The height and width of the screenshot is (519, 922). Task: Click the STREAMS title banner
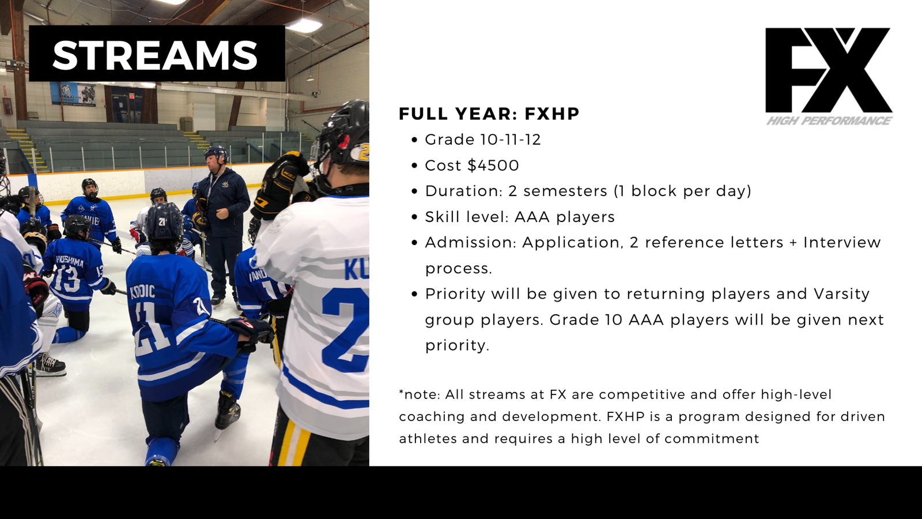point(157,53)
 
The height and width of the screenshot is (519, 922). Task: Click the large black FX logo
point(829,70)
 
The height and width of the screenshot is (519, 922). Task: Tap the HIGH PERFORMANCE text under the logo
point(829,121)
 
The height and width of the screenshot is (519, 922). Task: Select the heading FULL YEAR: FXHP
point(489,114)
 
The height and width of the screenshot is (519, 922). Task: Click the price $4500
point(493,166)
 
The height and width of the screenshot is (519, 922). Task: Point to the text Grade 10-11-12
point(483,140)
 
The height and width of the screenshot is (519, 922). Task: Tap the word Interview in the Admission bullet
point(842,242)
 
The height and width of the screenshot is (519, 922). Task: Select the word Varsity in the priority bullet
point(842,294)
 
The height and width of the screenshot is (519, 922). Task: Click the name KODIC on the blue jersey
point(143,292)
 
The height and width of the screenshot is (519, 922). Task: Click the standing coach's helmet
point(216,154)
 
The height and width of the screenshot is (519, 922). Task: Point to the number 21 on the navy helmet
point(163,221)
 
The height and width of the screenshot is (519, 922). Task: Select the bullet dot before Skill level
point(414,217)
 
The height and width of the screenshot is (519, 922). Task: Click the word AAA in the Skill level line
point(532,217)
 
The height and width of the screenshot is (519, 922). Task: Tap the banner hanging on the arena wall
point(73,94)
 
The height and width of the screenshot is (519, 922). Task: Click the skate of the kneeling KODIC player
point(227,412)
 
